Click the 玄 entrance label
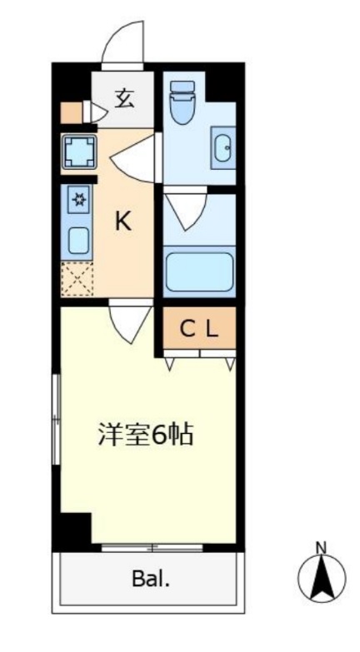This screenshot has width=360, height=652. (x=123, y=99)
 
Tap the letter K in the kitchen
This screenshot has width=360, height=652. (x=122, y=221)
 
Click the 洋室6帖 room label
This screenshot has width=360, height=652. (x=146, y=434)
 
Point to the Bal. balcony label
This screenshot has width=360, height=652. (x=150, y=580)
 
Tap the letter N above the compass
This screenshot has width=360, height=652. (x=321, y=547)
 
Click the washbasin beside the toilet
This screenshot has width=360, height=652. (x=224, y=148)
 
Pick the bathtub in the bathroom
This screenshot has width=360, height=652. (x=199, y=272)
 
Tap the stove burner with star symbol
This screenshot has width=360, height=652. (x=77, y=199)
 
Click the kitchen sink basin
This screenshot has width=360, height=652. (x=77, y=240)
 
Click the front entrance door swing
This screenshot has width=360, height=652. (x=125, y=42)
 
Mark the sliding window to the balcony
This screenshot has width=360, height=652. (x=151, y=547)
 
